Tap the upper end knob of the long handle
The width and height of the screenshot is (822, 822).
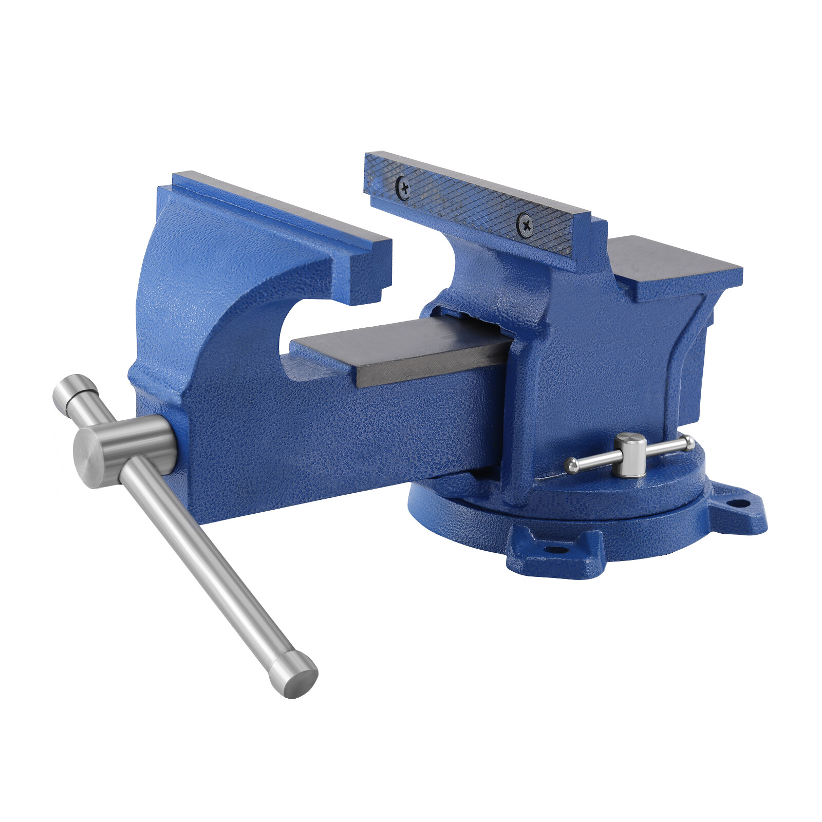click(x=75, y=390)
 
